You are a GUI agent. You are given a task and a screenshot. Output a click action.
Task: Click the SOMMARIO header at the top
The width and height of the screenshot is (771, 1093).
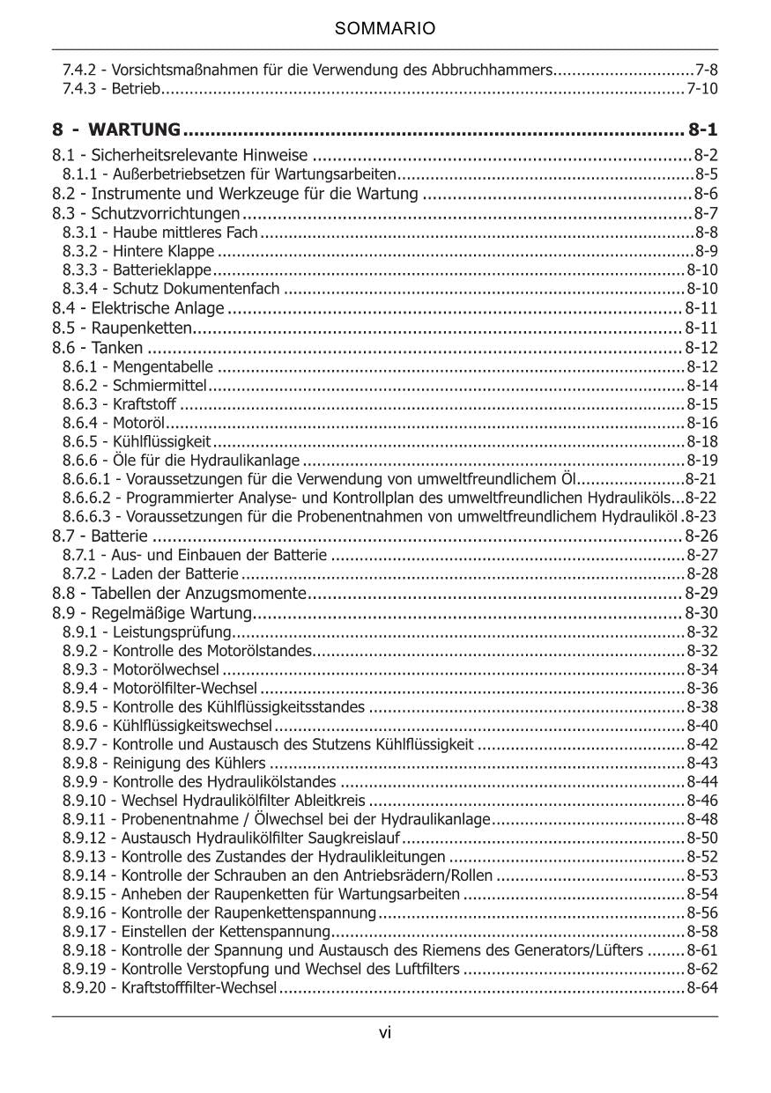click(x=385, y=29)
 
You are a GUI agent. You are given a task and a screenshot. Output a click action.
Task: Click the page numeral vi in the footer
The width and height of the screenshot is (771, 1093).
click(x=385, y=1033)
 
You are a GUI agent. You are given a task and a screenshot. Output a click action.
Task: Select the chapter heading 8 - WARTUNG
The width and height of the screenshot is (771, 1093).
click(x=116, y=130)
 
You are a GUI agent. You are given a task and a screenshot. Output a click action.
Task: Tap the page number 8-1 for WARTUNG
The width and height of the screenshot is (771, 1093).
click(x=702, y=130)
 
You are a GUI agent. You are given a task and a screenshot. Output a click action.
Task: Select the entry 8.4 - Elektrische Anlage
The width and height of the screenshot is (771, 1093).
click(x=138, y=308)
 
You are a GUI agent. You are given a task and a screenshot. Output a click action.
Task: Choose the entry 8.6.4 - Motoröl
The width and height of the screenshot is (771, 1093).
click(x=110, y=423)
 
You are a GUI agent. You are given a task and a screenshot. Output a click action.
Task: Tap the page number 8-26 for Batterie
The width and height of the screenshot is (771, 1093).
click(x=701, y=535)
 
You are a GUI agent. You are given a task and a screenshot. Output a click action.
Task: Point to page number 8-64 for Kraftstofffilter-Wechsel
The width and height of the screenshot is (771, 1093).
click(x=702, y=988)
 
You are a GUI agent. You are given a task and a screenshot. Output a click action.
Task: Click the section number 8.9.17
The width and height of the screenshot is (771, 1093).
click(x=88, y=931)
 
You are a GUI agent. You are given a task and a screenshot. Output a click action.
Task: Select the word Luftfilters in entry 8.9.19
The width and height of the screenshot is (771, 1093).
click(x=425, y=970)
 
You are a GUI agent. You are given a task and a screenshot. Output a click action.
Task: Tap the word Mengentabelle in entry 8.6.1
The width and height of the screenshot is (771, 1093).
click(x=162, y=366)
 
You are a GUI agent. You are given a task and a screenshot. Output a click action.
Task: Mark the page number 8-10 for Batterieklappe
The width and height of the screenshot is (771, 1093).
click(x=702, y=270)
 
